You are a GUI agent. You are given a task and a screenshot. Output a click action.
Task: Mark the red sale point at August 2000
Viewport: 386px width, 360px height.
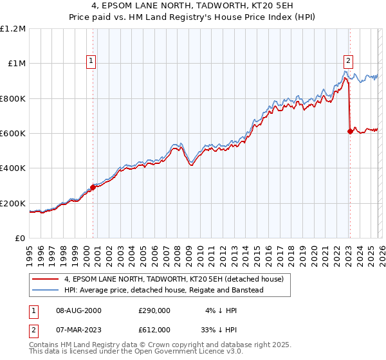93,187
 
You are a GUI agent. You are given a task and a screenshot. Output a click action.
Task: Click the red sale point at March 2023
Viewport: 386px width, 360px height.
349,131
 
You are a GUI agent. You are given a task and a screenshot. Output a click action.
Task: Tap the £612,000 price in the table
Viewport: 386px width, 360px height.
154,329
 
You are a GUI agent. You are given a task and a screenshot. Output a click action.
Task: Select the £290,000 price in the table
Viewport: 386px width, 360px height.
154,310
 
